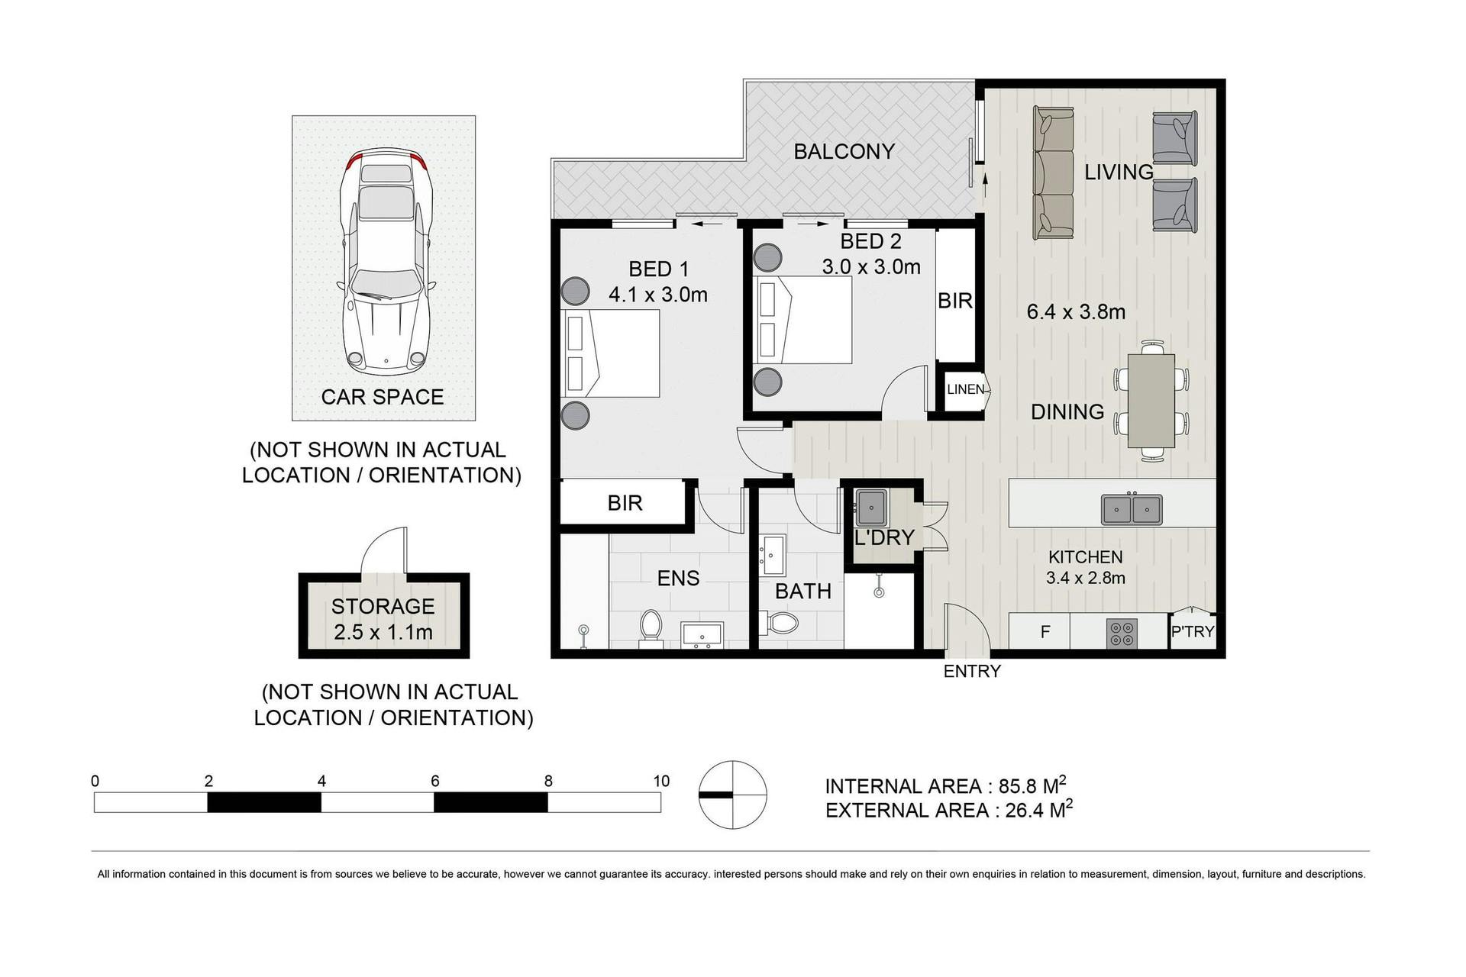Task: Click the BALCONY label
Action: [x=844, y=151]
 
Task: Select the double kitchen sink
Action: [x=1132, y=508]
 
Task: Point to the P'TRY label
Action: [x=1193, y=631]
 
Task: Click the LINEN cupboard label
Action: [x=965, y=389]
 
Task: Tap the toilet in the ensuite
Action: [x=651, y=628]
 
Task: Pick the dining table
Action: [x=1151, y=401]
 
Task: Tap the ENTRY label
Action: [x=972, y=672]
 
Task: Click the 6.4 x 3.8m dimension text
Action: [x=1076, y=311]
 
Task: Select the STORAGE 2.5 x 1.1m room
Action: [x=383, y=616]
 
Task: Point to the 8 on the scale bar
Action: [x=548, y=781]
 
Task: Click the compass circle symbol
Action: [x=732, y=795]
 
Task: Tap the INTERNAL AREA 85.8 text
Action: [x=945, y=785]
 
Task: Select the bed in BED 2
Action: [x=802, y=320]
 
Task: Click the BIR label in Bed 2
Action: [x=955, y=301]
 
